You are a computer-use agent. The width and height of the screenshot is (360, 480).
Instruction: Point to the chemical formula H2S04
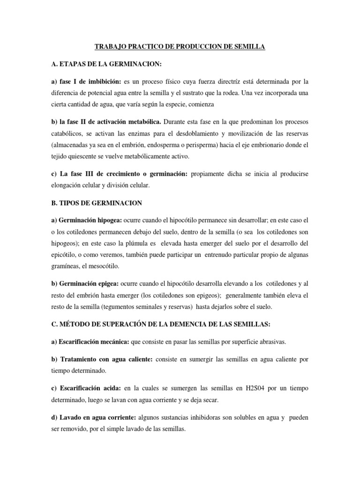pos(237,389)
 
